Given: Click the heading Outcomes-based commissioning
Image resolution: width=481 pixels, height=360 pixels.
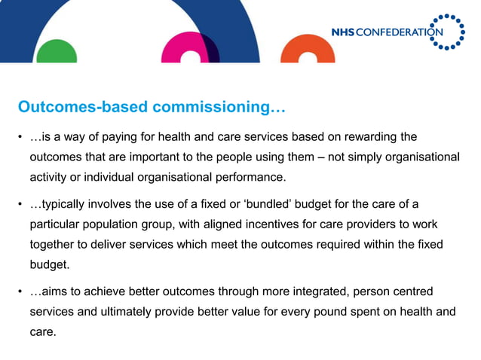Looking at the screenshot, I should (152, 108).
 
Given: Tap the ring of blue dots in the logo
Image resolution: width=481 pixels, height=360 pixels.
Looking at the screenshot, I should (450, 32).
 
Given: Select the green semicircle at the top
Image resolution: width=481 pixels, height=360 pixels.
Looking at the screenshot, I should (57, 52).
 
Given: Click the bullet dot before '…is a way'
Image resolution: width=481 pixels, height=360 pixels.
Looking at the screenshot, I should (21, 138).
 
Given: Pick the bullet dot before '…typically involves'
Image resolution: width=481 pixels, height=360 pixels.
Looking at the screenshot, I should (21, 205).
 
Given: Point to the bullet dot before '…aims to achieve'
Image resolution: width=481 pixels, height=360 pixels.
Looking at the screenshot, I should (21, 291).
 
